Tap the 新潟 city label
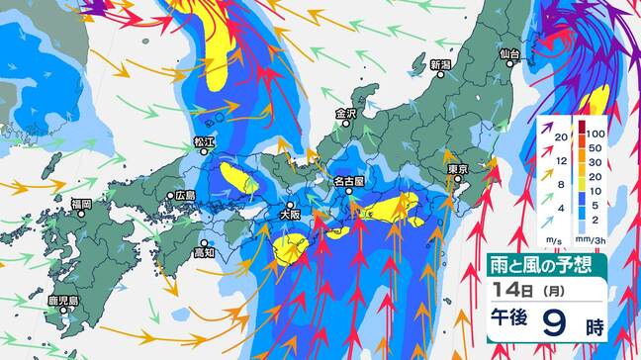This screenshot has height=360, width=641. (x=441, y=66)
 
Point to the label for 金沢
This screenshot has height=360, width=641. (x=345, y=114)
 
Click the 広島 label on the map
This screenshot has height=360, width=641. (x=186, y=196)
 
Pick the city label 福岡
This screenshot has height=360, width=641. (x=80, y=204)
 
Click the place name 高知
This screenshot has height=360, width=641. (x=205, y=253)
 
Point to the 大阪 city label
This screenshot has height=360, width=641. (x=288, y=214)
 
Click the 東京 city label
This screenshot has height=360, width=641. (x=457, y=170)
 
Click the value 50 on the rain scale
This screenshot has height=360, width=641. (x=595, y=146)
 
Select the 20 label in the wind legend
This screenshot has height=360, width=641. (x=559, y=136)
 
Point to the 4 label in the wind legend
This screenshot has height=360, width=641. (x=559, y=208)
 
